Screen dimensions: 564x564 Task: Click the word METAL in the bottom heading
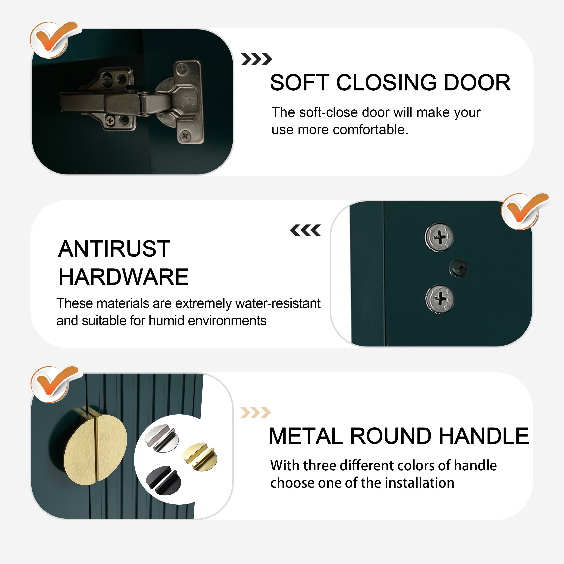pos(306,436)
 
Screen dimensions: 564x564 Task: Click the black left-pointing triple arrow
pos(305,230)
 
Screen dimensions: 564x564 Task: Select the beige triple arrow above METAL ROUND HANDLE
pos(255,412)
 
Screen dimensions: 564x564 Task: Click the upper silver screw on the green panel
pos(439,237)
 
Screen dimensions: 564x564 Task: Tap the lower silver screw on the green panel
pos(439,299)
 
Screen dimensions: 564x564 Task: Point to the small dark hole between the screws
pos(458,267)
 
